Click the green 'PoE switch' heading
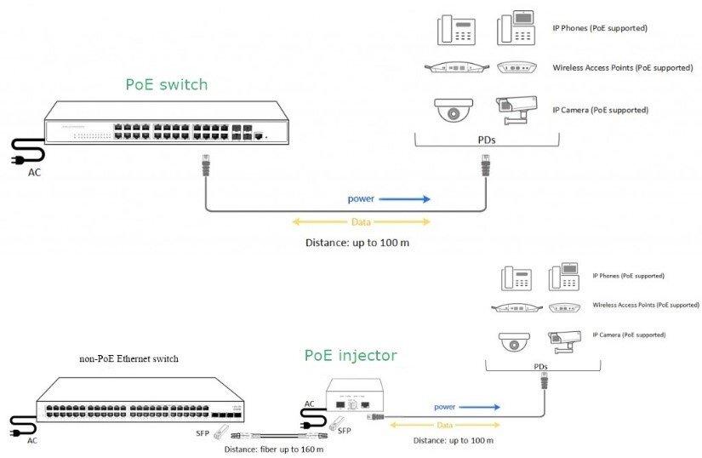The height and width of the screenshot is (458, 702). (166, 84)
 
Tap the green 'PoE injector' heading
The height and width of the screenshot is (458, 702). (351, 355)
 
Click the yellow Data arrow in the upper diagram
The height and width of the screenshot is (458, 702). (361, 222)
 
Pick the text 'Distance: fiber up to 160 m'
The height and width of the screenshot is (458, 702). (273, 449)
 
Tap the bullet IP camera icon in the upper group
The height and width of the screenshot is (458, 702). (517, 109)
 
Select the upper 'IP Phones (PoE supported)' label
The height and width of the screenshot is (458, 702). (600, 28)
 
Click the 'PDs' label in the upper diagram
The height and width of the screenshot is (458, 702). (486, 140)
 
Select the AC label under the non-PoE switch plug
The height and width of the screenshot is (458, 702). (32, 440)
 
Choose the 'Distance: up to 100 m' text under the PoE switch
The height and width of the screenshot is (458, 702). (357, 243)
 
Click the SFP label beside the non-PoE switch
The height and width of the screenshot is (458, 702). (204, 432)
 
